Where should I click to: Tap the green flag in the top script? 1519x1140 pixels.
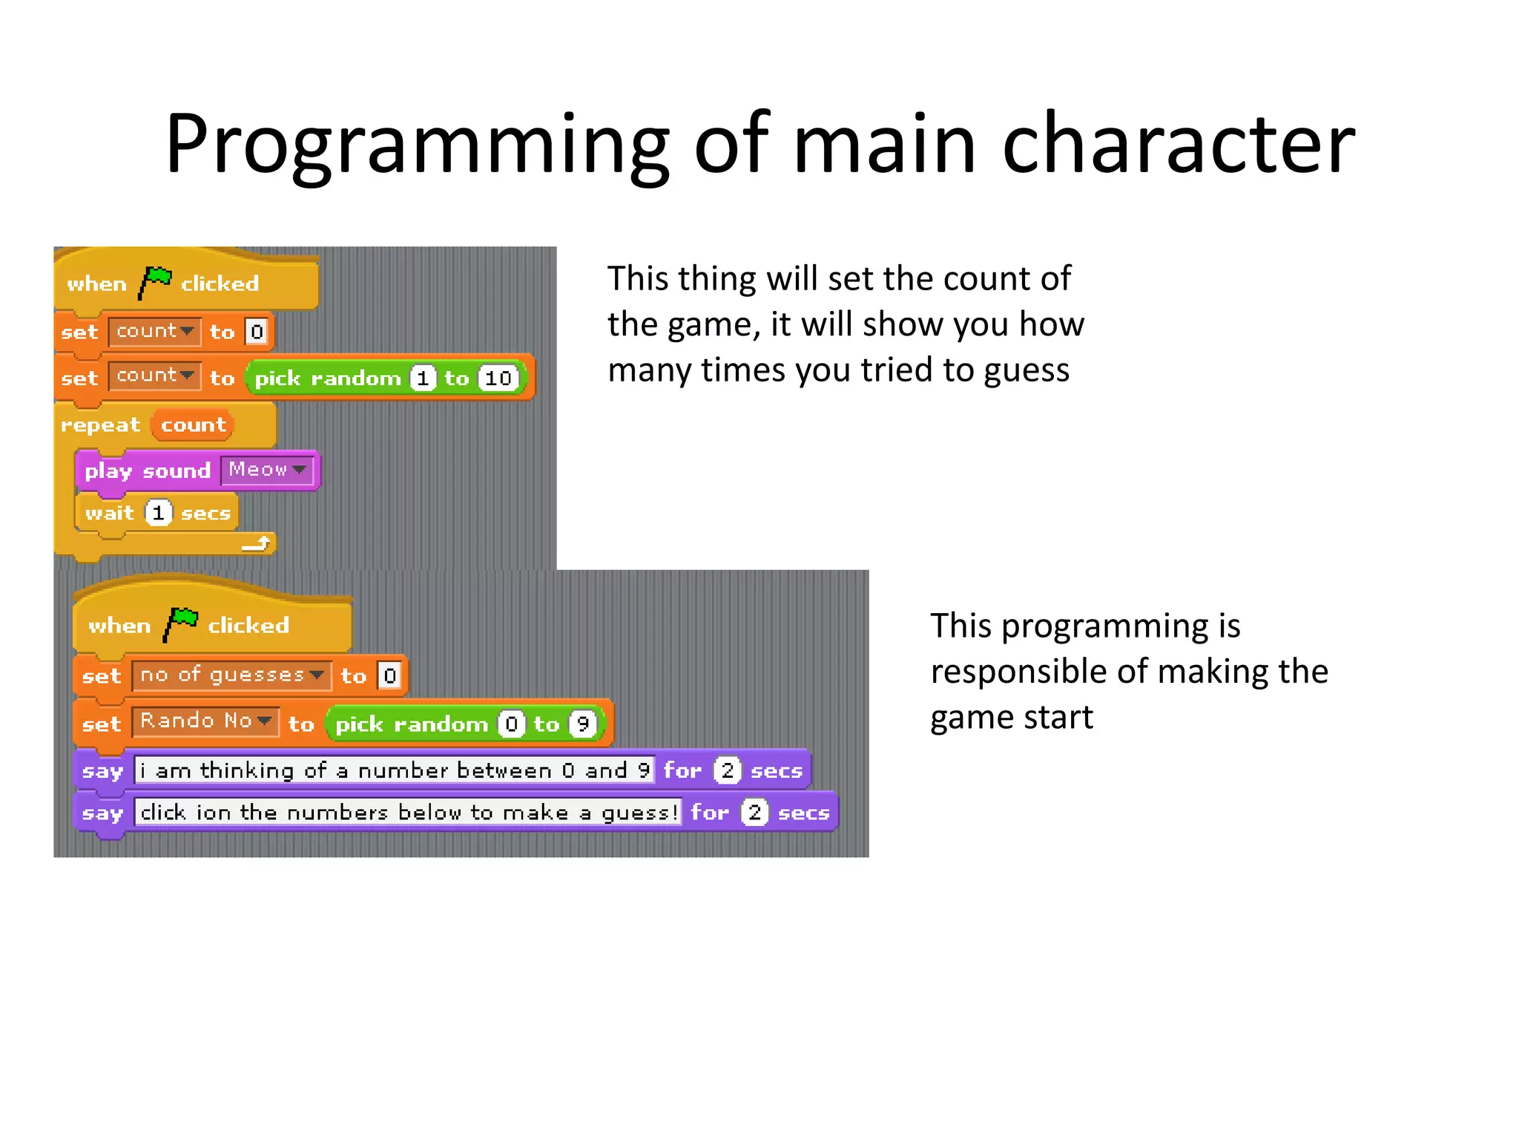click(x=155, y=282)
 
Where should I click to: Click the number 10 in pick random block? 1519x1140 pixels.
click(x=498, y=379)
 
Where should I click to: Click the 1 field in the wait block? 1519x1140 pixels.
click(x=158, y=513)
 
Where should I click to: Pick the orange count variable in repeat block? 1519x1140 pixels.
click(x=193, y=425)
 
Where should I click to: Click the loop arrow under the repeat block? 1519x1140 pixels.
click(x=257, y=544)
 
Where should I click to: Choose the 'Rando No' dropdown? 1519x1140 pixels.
click(x=205, y=721)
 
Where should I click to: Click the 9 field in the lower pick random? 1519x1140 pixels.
click(x=583, y=724)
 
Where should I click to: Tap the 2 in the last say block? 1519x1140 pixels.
click(x=754, y=813)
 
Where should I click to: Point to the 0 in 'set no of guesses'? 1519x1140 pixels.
click(x=390, y=675)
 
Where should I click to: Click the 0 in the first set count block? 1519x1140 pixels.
click(x=257, y=332)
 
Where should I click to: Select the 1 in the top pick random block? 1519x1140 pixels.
click(x=423, y=379)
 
